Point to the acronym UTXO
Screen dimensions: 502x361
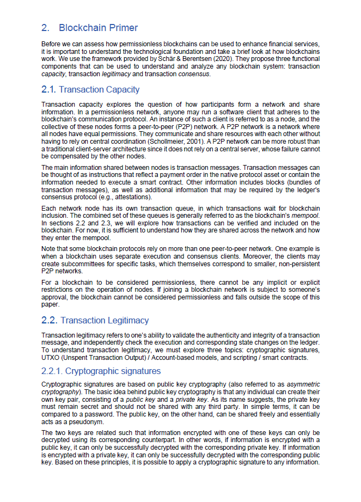pyautogui.click(x=51, y=358)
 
